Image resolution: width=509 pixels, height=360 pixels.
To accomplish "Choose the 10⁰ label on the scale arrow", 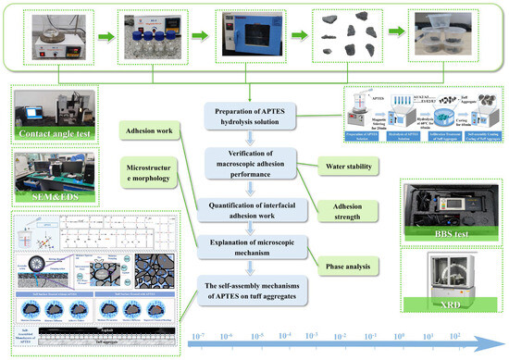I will click(x=400, y=336).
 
